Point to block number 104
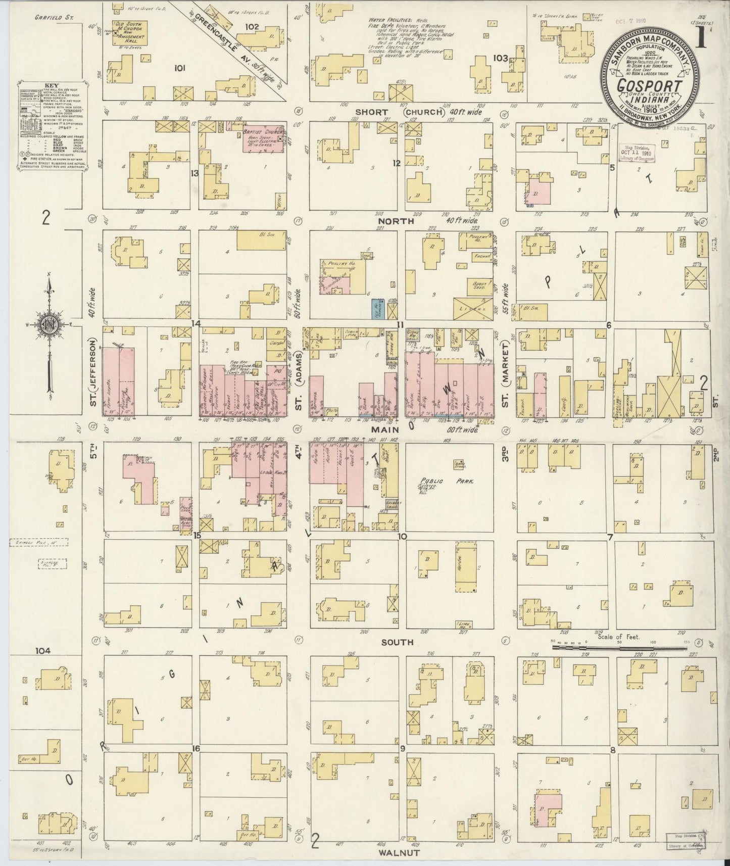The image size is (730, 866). point(43,651)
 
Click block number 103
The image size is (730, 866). point(501,58)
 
